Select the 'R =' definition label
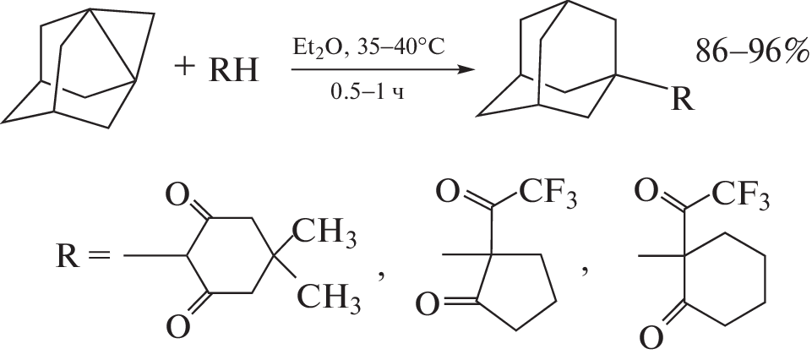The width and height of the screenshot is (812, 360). coord(83,257)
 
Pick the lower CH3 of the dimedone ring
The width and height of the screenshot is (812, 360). coord(328,297)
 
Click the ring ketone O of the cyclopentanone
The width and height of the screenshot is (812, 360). coord(428,305)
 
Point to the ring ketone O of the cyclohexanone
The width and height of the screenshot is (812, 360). coord(651,338)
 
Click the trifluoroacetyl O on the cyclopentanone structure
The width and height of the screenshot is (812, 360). coord(448,193)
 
